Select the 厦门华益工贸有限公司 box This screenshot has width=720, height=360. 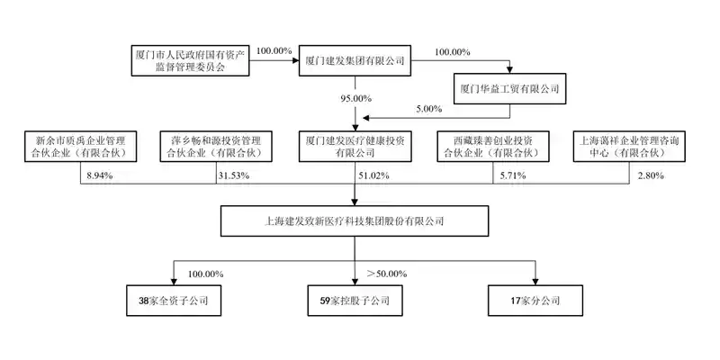click(x=509, y=88)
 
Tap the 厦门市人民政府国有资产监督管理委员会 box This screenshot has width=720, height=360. click(x=188, y=60)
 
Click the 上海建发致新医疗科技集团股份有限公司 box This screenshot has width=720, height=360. click(x=354, y=219)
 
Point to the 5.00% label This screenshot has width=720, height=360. click(x=428, y=109)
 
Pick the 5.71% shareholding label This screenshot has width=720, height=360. click(x=509, y=175)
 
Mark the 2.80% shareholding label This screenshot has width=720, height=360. click(x=648, y=175)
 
